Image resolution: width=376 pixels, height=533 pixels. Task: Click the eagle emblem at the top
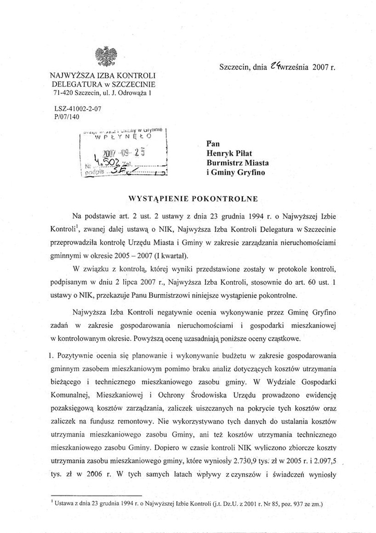pyautogui.click(x=106, y=56)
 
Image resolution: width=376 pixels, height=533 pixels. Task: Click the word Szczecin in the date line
pyautogui.click(x=235, y=67)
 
